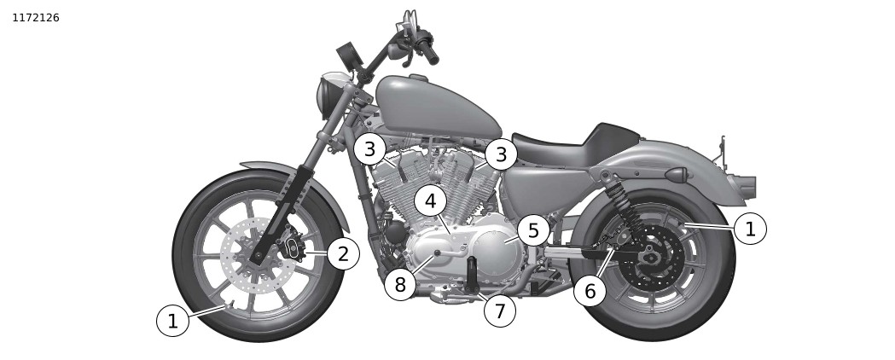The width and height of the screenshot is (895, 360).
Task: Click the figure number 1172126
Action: [35, 18]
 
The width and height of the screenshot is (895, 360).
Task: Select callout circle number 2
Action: [343, 254]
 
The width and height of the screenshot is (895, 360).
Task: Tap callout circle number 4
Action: [430, 201]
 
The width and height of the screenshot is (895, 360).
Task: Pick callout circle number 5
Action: [533, 231]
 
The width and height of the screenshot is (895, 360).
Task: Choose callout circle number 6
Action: [590, 290]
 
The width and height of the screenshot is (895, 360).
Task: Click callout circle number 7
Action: [499, 311]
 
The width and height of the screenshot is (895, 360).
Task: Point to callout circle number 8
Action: [400, 284]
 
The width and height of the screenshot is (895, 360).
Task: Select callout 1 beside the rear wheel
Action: [750, 229]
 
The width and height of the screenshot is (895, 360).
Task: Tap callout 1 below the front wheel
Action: [172, 322]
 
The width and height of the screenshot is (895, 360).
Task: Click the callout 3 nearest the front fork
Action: [370, 149]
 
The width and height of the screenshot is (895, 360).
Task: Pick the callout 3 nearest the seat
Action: [501, 154]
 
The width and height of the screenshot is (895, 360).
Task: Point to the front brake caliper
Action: [293, 249]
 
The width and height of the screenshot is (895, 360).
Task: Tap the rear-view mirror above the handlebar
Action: [347, 56]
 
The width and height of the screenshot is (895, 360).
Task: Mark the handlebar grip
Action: [427, 51]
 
